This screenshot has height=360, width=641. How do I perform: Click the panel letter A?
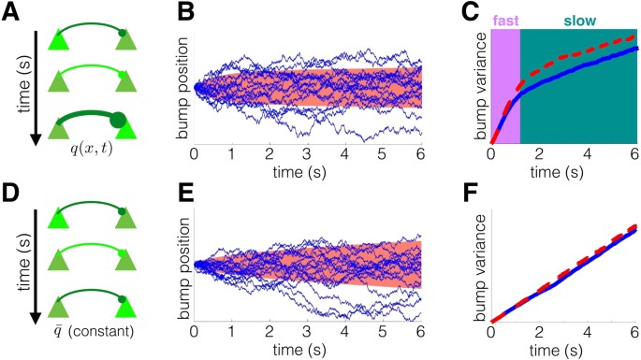coord(12,12)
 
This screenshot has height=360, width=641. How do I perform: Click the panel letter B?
coord(184,12)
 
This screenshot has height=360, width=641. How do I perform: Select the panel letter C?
coord(475,12)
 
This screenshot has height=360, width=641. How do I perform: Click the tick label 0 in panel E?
coord(194,332)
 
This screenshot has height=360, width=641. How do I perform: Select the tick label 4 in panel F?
coord(589,332)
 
